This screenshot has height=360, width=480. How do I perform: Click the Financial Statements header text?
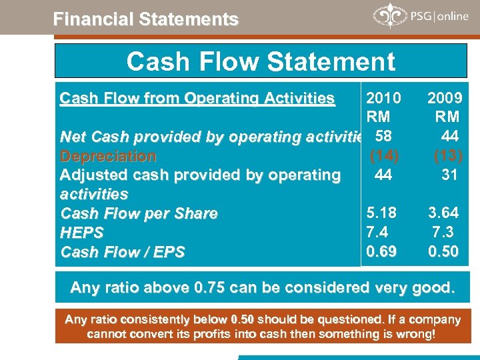pyautogui.click(x=145, y=19)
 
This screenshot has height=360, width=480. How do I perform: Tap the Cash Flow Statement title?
pyautogui.click(x=261, y=61)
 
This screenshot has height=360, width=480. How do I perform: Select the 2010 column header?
pyautogui.click(x=383, y=99)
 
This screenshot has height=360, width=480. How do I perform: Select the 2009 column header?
pyautogui.click(x=443, y=99)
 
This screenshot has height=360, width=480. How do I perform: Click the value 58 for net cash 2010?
pyautogui.click(x=383, y=137)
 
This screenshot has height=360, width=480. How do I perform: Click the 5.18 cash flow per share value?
pyautogui.click(x=382, y=213)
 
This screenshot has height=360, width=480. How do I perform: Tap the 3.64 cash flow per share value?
pyautogui.click(x=443, y=213)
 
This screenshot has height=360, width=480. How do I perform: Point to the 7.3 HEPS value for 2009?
pyautogui.click(x=444, y=231)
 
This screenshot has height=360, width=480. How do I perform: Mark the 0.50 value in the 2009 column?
pyautogui.click(x=443, y=251)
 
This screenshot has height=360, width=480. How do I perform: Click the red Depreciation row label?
pyautogui.click(x=108, y=157)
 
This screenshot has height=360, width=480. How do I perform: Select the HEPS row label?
pyautogui.click(x=83, y=233)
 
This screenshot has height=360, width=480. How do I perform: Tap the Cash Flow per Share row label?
pyautogui.click(x=139, y=213)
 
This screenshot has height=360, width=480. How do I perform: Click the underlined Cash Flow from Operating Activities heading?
pyautogui.click(x=197, y=99)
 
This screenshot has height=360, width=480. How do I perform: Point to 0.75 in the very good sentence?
pyautogui.click(x=209, y=288)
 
